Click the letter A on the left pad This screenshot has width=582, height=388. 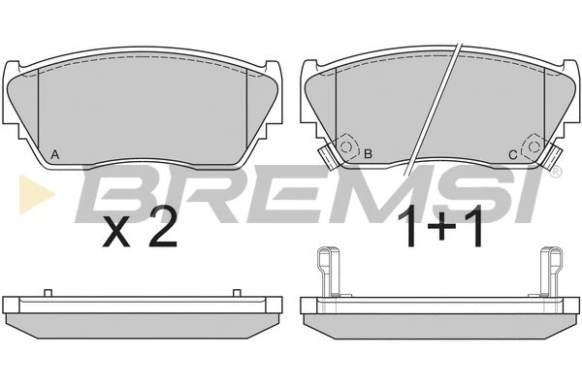[x=54, y=154]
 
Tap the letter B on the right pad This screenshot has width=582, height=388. [x=368, y=153]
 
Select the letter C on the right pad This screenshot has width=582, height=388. [x=512, y=155]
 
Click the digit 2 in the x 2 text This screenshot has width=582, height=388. [x=163, y=231]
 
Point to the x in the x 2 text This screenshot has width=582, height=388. [x=116, y=236]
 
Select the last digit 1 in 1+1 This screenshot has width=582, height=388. [x=474, y=225]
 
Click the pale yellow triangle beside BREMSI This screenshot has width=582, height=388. [x=37, y=194]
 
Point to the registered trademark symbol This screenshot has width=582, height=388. [x=557, y=172]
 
